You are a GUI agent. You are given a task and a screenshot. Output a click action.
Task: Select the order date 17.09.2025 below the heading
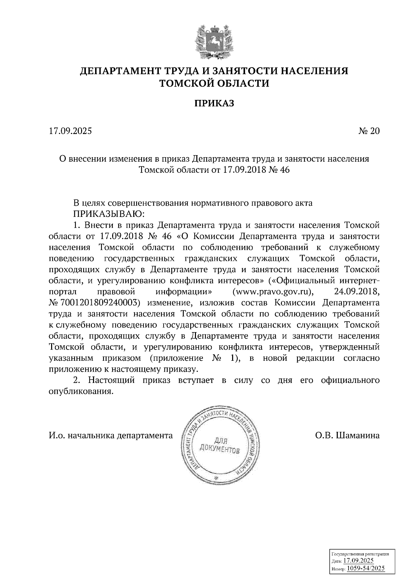click(x=70, y=131)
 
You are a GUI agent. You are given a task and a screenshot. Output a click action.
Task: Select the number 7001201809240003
click(x=99, y=302)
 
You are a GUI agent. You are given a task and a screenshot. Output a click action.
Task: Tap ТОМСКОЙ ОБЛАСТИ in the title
click(x=214, y=83)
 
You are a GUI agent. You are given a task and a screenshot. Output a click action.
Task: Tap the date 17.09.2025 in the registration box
click(x=359, y=561)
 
